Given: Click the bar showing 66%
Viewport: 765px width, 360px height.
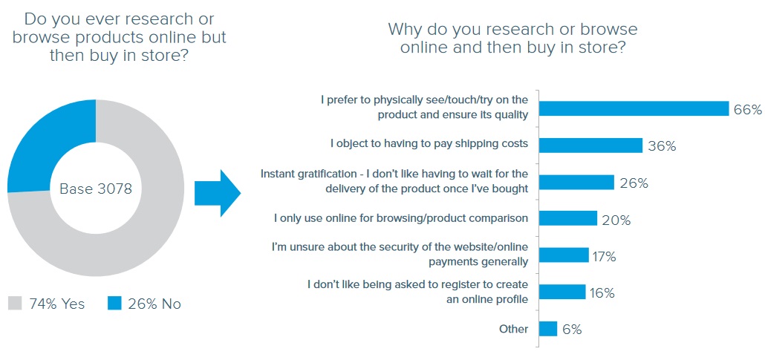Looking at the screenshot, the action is point(634,109).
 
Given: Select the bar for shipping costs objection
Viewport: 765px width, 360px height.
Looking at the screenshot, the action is point(590,145).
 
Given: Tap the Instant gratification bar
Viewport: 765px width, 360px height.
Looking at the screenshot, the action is point(576,182).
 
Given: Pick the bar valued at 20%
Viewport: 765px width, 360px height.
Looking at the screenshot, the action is point(568,218).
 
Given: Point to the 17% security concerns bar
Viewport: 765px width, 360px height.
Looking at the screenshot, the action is point(564,255).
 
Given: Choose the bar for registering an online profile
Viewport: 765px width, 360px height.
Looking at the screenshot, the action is point(562,292).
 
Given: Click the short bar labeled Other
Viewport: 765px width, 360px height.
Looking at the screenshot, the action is point(548,328).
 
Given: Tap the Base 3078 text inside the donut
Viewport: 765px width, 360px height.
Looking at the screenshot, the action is point(96,189).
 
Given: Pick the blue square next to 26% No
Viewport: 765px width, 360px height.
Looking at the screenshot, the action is point(114,304).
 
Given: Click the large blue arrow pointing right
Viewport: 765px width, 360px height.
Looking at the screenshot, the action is point(218,193).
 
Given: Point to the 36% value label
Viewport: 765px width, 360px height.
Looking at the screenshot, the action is point(662,145).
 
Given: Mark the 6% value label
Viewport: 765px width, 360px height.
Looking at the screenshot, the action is point(573,330).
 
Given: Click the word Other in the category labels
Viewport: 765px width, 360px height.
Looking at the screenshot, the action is point(514,329).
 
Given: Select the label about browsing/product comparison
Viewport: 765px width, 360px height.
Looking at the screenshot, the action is point(401,218).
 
